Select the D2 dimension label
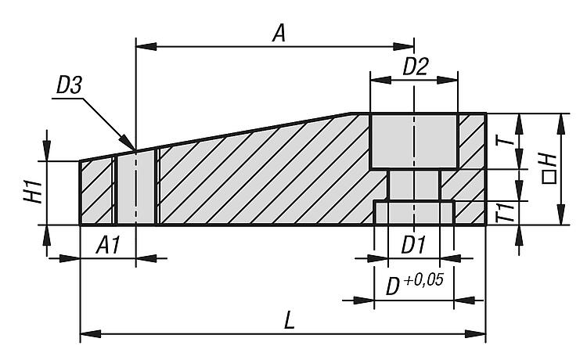pyautogui.click(x=416, y=67)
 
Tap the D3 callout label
pyautogui.click(x=69, y=85)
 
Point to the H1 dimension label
pyautogui.click(x=34, y=192)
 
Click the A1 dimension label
pyautogui.click(x=108, y=246)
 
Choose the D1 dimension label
pyautogui.click(x=414, y=246)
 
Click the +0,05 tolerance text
pyautogui.click(x=424, y=279)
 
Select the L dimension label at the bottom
pyautogui.click(x=290, y=321)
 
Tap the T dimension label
pyautogui.click(x=504, y=140)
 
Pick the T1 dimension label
pyautogui.click(x=506, y=212)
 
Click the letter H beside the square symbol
pyautogui.click(x=549, y=161)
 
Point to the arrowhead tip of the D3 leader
pyautogui.click(x=135, y=150)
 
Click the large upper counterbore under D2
pyautogui.click(x=414, y=142)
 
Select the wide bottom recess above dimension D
pyautogui.click(x=414, y=214)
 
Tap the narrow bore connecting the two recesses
pyautogui.click(x=414, y=185)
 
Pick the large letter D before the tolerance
pyautogui.click(x=393, y=287)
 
